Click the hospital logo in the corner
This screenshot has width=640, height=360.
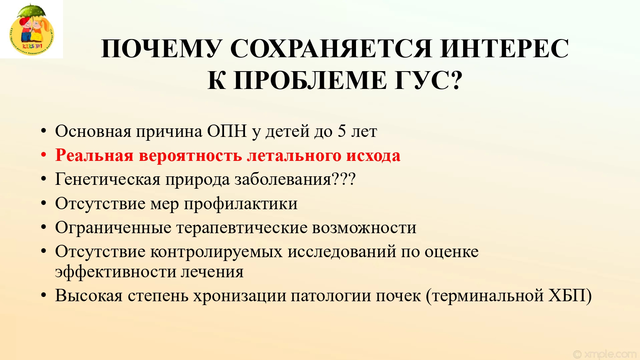(31, 29)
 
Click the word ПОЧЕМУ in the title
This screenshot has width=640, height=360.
(162, 49)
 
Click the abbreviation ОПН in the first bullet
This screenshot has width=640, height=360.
(227, 131)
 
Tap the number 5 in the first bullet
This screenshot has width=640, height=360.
(342, 131)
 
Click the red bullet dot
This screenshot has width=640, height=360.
(43, 155)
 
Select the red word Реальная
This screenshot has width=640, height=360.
(94, 155)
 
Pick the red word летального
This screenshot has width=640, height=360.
(294, 156)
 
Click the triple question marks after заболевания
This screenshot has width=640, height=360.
(344, 179)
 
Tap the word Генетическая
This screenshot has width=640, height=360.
(108, 179)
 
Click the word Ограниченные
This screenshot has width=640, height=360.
(113, 228)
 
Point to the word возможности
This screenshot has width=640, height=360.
(364, 228)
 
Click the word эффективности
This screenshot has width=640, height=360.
(115, 271)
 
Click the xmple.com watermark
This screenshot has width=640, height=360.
(605, 354)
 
